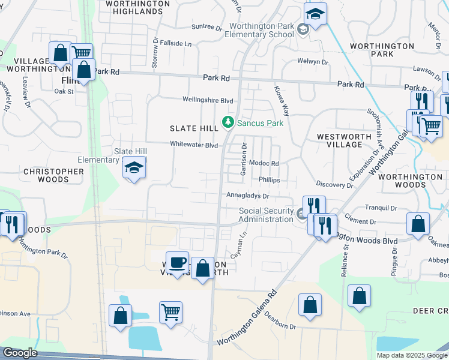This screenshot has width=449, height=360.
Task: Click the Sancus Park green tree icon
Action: tap(228, 123)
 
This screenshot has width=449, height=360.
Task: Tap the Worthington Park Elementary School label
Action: tap(259, 31)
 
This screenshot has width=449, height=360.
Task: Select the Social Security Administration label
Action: tap(266, 215)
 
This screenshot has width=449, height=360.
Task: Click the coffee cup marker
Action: tap(177, 263)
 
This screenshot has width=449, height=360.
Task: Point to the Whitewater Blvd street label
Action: tap(193, 145)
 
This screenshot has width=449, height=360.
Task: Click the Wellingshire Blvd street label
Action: tap(208, 100)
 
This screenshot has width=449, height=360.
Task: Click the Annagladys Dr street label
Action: tap(247, 196)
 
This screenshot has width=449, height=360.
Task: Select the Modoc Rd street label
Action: tap(265, 163)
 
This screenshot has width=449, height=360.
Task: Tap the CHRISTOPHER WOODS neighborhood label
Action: tap(53, 175)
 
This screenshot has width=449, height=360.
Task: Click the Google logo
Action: tap(19, 353)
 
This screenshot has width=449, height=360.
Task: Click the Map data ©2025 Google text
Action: tap(412, 355)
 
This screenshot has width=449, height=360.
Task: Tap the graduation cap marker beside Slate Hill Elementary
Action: tap(134, 169)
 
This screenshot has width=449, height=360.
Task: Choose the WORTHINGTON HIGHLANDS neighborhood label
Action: tap(137, 7)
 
